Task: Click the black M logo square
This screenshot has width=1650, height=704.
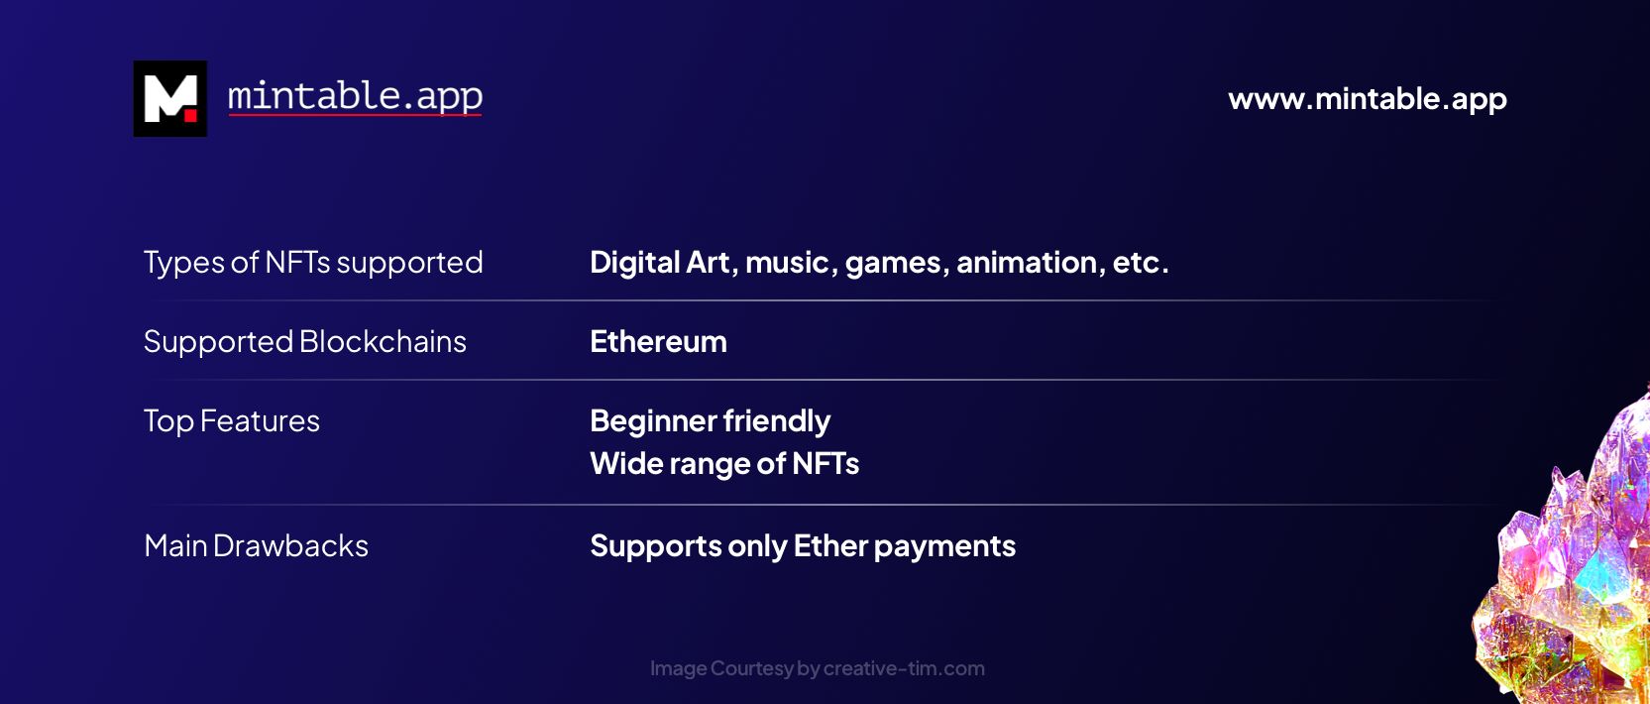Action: (170, 98)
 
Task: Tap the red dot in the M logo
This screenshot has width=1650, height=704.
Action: (190, 115)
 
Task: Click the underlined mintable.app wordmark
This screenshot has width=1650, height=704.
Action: (355, 97)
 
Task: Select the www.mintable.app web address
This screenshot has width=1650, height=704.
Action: (1368, 99)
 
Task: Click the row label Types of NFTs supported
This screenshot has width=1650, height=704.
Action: (313, 263)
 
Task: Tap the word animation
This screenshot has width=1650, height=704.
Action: (1027, 263)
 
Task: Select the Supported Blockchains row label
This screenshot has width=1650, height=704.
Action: (305, 342)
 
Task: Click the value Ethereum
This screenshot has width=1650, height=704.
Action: (659, 341)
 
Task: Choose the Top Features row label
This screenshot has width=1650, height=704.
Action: (231, 421)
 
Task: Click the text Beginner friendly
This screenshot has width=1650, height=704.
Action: (711, 421)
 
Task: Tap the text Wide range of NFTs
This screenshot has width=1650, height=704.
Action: (724, 464)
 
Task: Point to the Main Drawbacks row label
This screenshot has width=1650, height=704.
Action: (257, 546)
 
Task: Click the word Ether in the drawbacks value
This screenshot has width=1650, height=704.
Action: (830, 546)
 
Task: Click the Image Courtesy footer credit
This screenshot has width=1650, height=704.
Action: (817, 668)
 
